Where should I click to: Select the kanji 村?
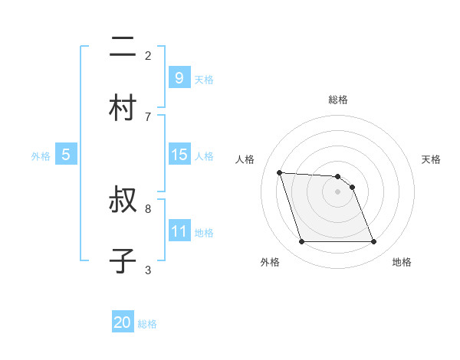[x=123, y=108]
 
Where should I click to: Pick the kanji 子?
[x=123, y=260]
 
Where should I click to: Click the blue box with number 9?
[x=179, y=77]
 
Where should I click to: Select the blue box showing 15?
[x=179, y=155]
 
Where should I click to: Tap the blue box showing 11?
[x=179, y=231]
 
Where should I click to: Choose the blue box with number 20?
[x=123, y=322]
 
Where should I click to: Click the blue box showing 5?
[x=66, y=155]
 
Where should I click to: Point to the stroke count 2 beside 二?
[x=148, y=55]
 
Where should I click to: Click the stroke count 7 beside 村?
[x=148, y=116]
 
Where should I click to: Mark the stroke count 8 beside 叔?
[x=148, y=208]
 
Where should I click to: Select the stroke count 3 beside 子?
[x=148, y=270]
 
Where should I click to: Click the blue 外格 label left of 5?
[x=41, y=155]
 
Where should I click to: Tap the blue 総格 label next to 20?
[x=147, y=324]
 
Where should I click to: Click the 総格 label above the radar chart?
[x=338, y=100]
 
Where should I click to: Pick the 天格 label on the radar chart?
[x=431, y=159]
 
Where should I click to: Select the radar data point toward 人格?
[x=279, y=172]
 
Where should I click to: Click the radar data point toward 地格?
[x=373, y=242]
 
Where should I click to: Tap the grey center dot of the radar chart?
[x=338, y=191]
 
